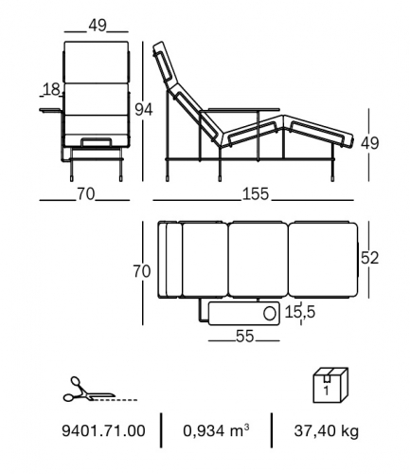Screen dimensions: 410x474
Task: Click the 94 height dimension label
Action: pos(144,110)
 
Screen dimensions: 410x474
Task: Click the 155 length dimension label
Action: pos(256,193)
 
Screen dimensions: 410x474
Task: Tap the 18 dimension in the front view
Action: pos(52,89)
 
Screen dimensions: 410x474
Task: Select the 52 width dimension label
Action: pos(369,258)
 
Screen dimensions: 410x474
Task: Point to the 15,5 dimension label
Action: pos(300,312)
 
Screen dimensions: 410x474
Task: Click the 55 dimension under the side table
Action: pos(244,337)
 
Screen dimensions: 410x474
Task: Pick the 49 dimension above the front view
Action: pos(98,26)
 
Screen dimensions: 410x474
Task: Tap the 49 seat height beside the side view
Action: pos(370,143)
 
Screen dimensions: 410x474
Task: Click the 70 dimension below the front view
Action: pos(85,193)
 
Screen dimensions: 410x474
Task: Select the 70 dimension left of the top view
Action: pos(142,271)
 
